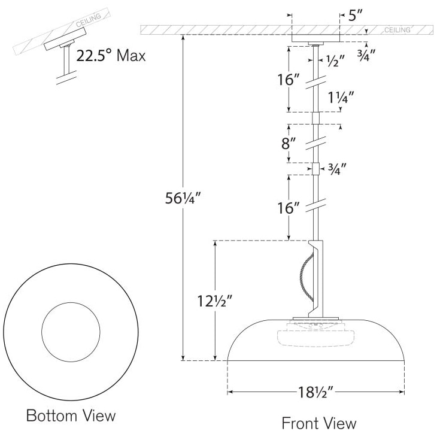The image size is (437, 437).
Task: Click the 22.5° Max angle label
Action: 111,56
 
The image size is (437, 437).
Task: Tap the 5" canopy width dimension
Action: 355,16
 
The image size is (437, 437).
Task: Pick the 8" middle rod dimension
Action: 290,144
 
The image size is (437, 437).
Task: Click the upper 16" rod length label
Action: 290,80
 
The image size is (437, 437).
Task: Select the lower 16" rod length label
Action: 290,208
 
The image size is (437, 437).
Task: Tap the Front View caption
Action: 318,423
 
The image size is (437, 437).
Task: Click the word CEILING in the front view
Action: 397,30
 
